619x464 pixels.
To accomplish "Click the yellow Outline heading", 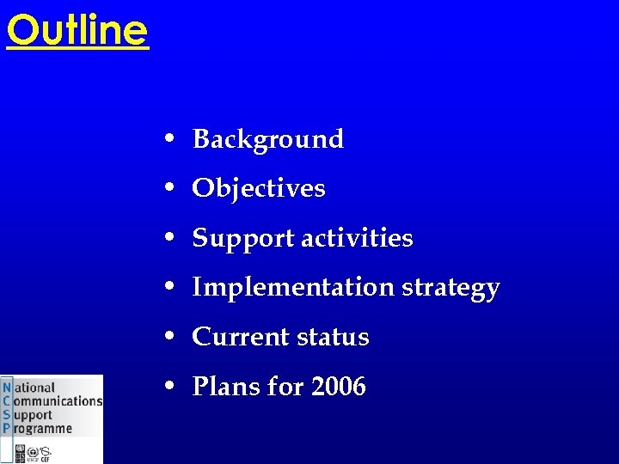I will pyautogui.click(x=77, y=30).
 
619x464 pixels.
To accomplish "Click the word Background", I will pyautogui.click(x=267, y=139).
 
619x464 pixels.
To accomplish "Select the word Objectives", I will pyautogui.click(x=259, y=189).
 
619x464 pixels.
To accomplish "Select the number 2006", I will pyautogui.click(x=339, y=387).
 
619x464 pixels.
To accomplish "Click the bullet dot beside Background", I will pyautogui.click(x=172, y=139).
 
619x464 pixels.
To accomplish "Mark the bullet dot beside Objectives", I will pyautogui.click(x=172, y=188).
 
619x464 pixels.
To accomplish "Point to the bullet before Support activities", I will pyautogui.click(x=172, y=238).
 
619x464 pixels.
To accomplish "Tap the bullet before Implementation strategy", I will pyautogui.click(x=172, y=287).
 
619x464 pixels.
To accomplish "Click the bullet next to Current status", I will pyautogui.click(x=172, y=337).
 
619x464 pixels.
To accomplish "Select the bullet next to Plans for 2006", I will pyautogui.click(x=172, y=387).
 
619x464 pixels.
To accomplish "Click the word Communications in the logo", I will pyautogui.click(x=58, y=401).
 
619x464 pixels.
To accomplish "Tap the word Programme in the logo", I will pyautogui.click(x=42, y=428).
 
